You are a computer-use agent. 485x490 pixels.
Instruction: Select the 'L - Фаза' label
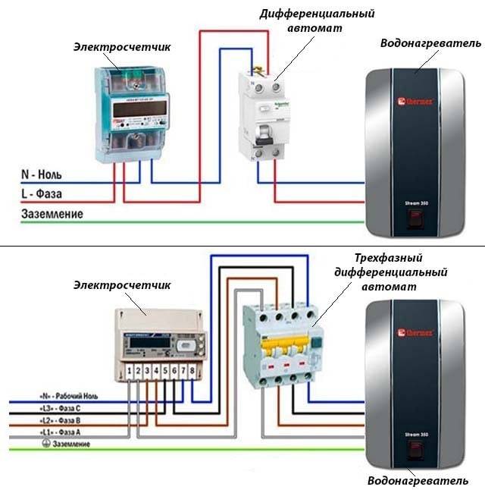(47, 194)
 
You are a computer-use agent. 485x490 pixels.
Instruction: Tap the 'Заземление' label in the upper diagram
(52, 214)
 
